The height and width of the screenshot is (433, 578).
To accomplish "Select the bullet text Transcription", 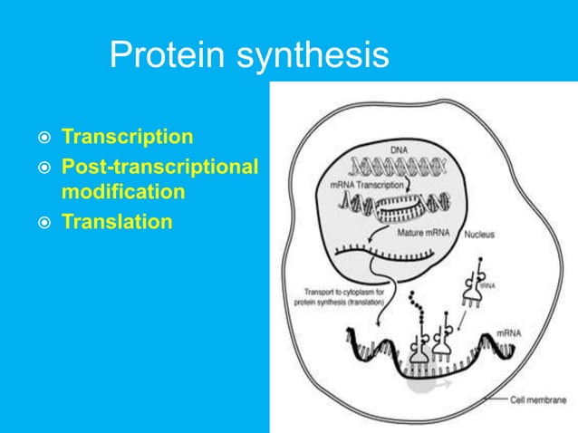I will (x=127, y=137).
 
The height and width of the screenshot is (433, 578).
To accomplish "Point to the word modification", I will (x=124, y=192).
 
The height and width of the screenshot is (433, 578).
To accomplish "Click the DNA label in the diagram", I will (x=400, y=148).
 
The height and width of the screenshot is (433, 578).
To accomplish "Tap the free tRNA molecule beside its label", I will (x=476, y=281).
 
